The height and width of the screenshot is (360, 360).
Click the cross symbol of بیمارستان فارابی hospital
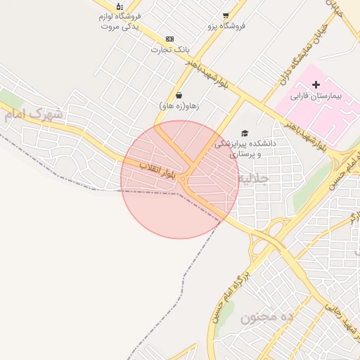tap(316, 84)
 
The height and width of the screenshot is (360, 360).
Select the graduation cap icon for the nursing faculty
tap(245, 133)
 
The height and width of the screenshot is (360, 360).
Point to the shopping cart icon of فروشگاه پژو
tap(225, 15)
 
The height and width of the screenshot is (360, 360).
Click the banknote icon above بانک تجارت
tap(169, 39)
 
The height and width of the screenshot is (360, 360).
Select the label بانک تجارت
tap(171, 50)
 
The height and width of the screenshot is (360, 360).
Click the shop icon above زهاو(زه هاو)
tap(179, 95)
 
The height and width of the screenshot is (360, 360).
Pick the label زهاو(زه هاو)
tap(179, 106)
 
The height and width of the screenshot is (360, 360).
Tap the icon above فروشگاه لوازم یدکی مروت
tap(120, 6)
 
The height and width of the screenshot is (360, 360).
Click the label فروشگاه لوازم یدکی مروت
tap(120, 20)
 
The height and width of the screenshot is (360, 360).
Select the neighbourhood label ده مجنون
tap(266, 317)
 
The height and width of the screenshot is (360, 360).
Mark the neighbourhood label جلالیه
tap(254, 179)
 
